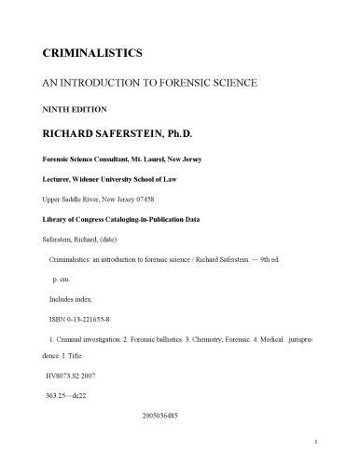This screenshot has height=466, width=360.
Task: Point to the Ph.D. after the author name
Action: pyautogui.click(x=207, y=133)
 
